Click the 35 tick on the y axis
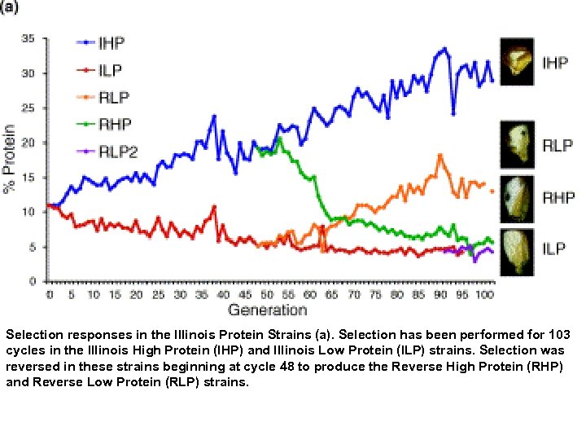click(x=28, y=38)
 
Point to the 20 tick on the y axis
click(x=28, y=143)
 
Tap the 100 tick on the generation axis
click(x=484, y=294)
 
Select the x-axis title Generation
click(x=268, y=310)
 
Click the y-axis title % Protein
click(x=10, y=159)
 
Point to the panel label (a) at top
click(x=14, y=7)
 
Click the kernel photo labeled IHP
click(x=516, y=62)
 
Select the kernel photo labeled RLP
click(x=515, y=147)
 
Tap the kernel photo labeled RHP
click(x=515, y=197)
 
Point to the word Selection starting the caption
click(x=32, y=335)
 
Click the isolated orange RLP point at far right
click(x=492, y=191)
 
